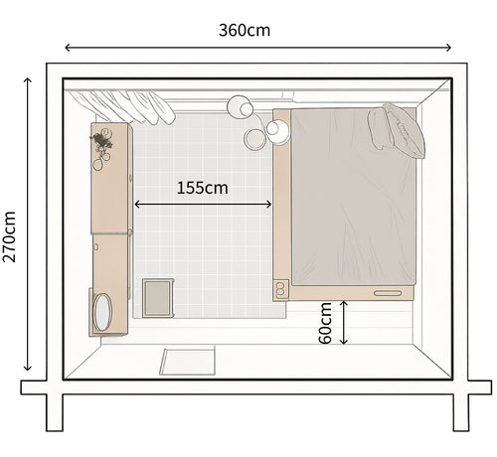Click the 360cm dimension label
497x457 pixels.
(x=245, y=31)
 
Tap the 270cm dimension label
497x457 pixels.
(x=9, y=236)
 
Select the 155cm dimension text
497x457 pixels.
(x=203, y=188)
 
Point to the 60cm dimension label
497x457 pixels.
(x=325, y=323)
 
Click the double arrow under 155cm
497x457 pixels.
(x=203, y=205)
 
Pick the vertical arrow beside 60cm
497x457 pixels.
(x=344, y=322)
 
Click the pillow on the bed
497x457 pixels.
(x=397, y=130)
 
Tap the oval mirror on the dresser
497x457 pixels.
(x=102, y=312)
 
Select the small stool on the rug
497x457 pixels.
(x=158, y=298)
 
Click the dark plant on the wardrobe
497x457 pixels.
(x=101, y=141)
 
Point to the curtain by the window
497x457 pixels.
(x=121, y=106)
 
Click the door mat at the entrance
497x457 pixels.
(x=188, y=362)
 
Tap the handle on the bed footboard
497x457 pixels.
(x=388, y=293)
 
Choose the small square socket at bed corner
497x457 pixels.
(x=280, y=290)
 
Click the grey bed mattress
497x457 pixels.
(x=354, y=197)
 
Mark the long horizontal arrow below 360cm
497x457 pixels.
(x=257, y=48)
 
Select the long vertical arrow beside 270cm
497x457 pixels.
(x=28, y=225)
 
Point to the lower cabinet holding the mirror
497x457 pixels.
(x=110, y=285)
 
